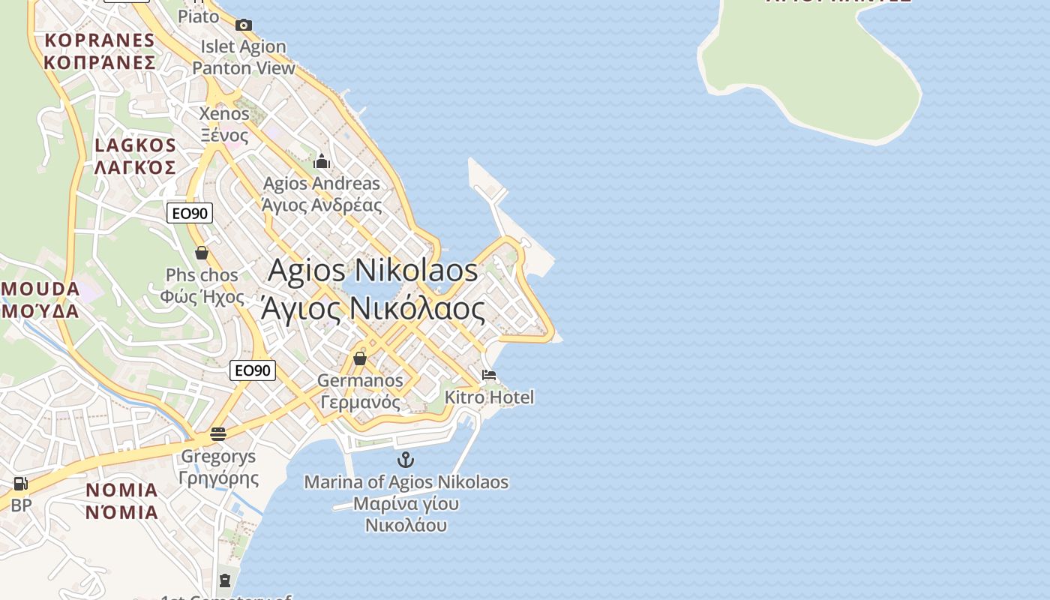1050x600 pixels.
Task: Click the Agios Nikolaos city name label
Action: tap(373, 289)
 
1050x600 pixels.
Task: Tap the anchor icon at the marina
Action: tap(406, 460)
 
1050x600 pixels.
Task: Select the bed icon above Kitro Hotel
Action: tap(489, 375)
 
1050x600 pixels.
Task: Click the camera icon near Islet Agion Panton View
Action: tap(243, 25)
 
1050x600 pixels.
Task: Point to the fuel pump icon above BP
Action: tap(20, 484)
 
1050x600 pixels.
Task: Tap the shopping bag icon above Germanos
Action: tap(360, 358)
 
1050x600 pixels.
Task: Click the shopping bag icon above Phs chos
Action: tap(202, 253)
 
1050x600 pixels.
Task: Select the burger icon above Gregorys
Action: tap(218, 433)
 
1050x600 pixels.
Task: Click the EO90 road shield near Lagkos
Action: tap(190, 214)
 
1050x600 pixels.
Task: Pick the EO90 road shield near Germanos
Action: tap(253, 370)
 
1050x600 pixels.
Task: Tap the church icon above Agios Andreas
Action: tap(322, 161)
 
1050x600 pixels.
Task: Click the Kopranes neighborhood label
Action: tap(99, 51)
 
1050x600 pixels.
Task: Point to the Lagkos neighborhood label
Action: tap(136, 156)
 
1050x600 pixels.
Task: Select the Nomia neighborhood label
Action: tap(121, 501)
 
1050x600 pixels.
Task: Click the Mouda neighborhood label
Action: tap(40, 299)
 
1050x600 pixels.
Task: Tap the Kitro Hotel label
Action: tap(490, 397)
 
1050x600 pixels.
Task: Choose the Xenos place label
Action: tap(224, 124)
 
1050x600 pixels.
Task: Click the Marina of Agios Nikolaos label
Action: tap(406, 502)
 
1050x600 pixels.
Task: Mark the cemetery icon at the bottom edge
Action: tap(225, 580)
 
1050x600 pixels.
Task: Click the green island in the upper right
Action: tap(810, 67)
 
